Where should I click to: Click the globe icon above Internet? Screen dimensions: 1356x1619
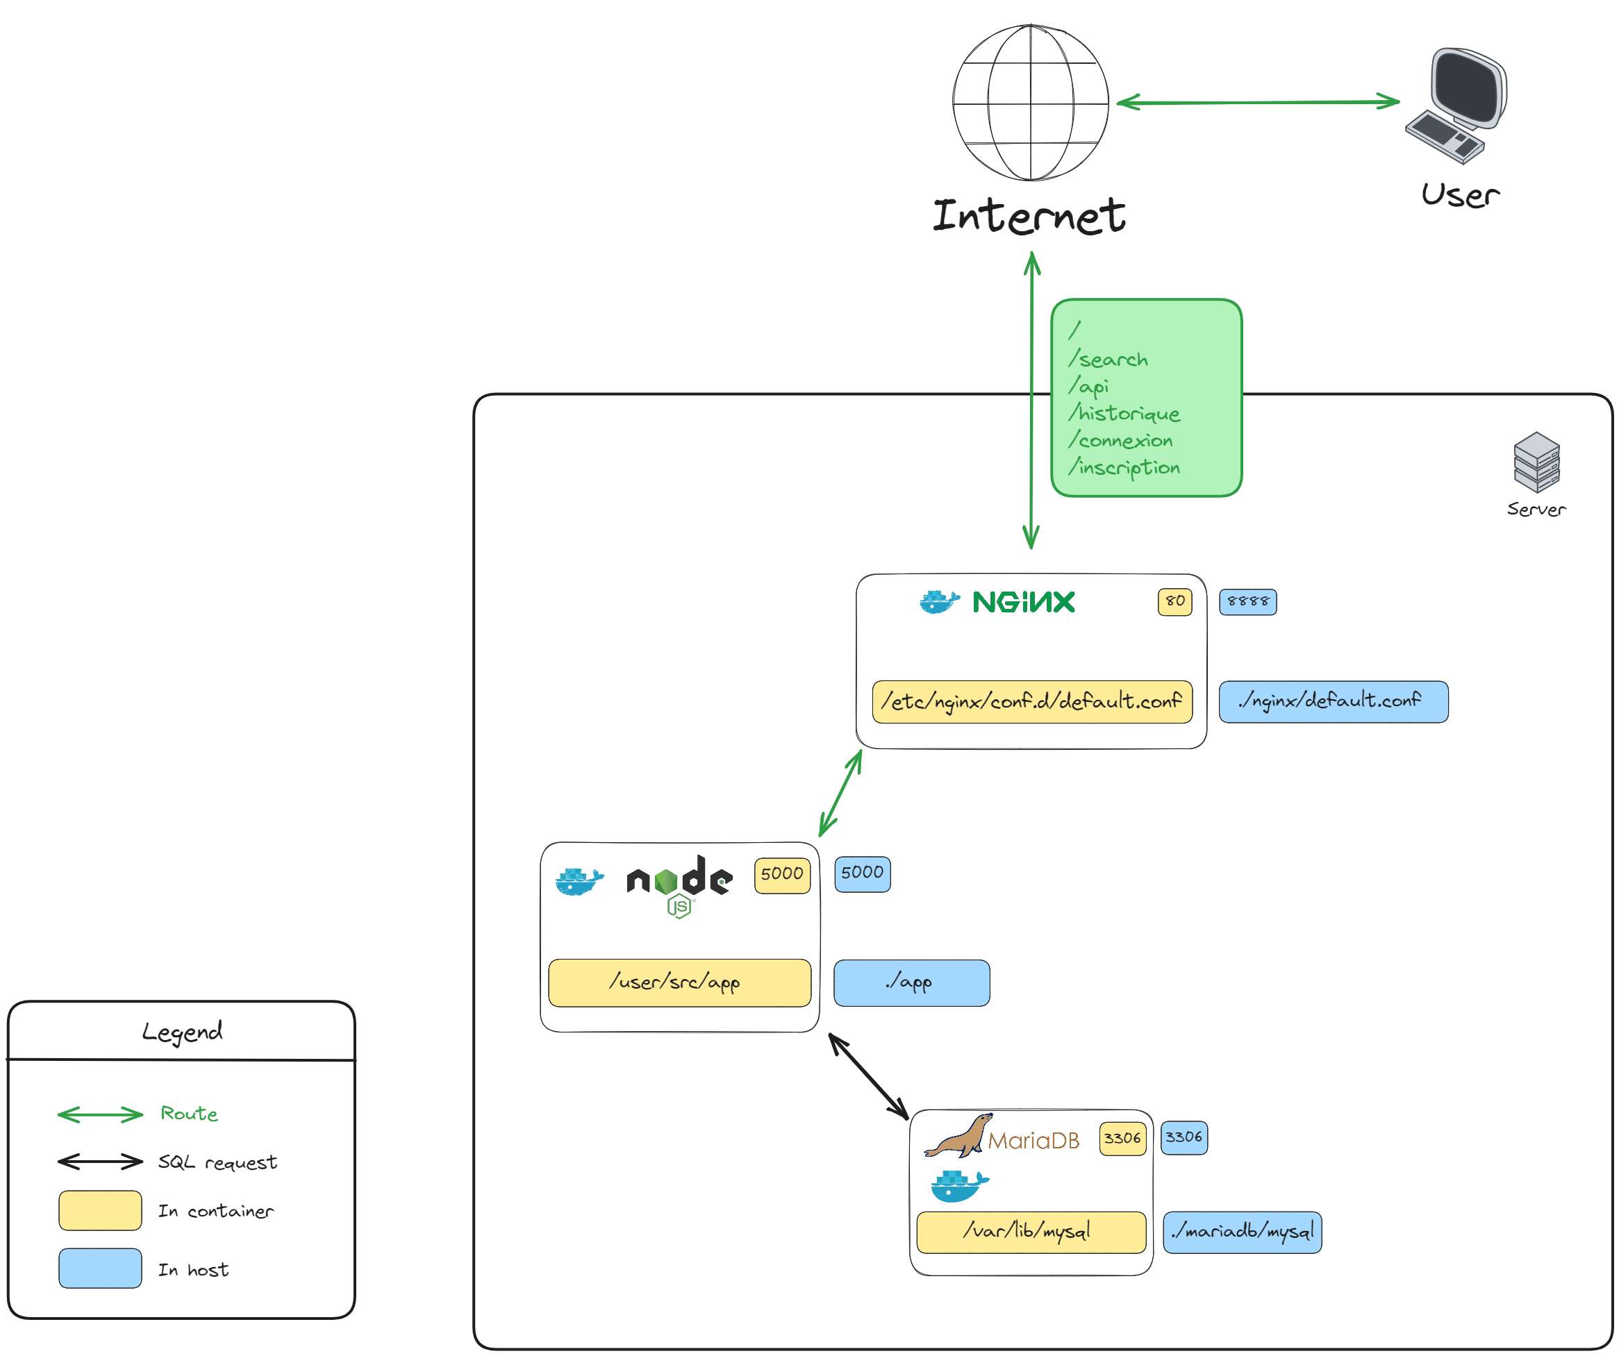[x=1030, y=103]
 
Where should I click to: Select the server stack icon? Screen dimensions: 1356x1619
[x=1536, y=462]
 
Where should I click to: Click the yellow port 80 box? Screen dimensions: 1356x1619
[x=1174, y=601]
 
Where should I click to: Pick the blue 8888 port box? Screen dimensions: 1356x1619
[x=1247, y=601]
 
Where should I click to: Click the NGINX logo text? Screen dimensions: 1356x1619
[x=1023, y=602]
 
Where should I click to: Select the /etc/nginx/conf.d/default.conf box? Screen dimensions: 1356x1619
[x=1031, y=701]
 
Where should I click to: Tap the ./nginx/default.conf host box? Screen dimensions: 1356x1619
[x=1333, y=701]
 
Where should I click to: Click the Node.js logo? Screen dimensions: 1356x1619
[x=679, y=883]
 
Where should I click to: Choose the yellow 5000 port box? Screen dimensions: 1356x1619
[x=782, y=875]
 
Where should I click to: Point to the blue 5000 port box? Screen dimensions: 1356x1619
[x=862, y=874]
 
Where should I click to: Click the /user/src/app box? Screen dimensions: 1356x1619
[x=679, y=983]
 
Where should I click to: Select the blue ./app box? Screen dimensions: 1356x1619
[x=911, y=983]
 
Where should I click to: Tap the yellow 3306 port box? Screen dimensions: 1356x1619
[x=1122, y=1139]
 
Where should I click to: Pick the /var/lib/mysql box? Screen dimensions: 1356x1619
[x=1030, y=1231]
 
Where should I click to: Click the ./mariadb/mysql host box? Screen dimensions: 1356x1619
[x=1241, y=1232]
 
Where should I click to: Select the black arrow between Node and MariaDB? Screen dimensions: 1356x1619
[x=868, y=1076]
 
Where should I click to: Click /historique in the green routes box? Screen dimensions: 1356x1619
[x=1124, y=414]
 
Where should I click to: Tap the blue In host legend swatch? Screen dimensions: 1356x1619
[x=100, y=1268]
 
